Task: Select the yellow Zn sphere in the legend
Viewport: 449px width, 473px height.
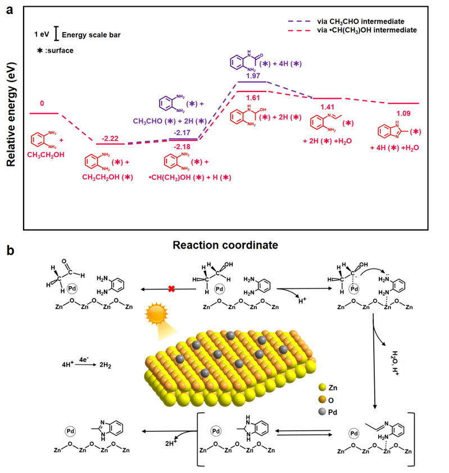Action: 322,387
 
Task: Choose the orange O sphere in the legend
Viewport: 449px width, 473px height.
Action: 322,400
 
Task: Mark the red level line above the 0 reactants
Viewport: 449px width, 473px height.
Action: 44,113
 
